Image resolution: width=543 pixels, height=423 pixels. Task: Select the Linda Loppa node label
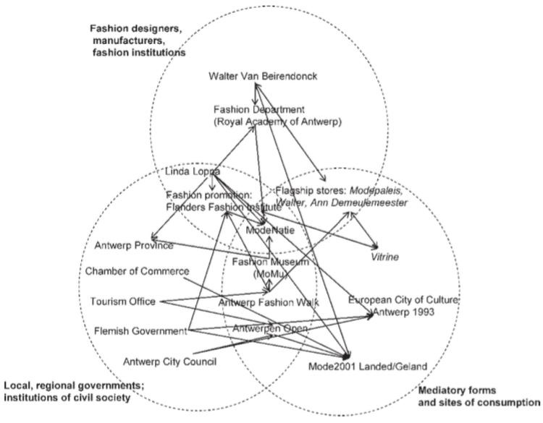pyautogui.click(x=191, y=173)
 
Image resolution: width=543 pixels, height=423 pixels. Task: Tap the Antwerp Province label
pyautogui.click(x=134, y=246)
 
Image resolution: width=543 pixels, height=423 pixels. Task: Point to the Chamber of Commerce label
pyautogui.click(x=137, y=271)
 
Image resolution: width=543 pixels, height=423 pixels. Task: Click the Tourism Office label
pyautogui.click(x=123, y=301)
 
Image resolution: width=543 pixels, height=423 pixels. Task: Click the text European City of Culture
pyautogui.click(x=403, y=299)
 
